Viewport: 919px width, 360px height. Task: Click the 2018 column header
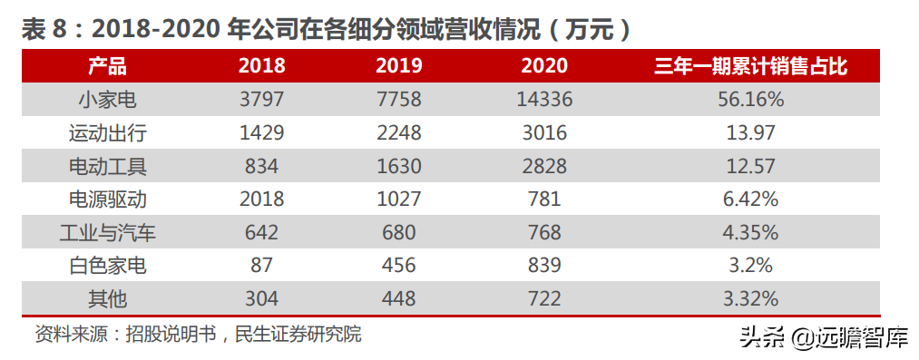(261, 66)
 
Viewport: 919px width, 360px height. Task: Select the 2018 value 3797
(261, 100)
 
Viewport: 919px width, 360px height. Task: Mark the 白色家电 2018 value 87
(261, 265)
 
